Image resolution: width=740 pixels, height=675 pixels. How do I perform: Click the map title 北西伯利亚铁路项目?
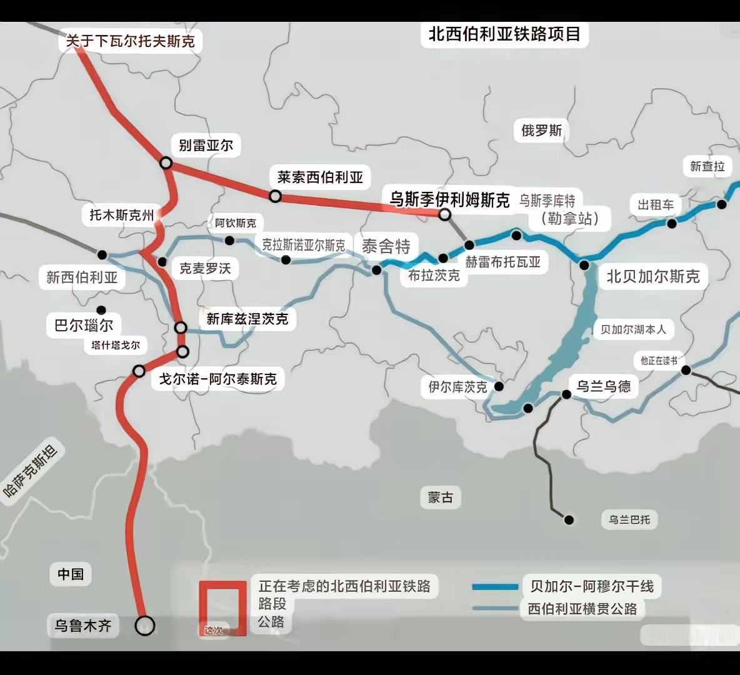coord(504,34)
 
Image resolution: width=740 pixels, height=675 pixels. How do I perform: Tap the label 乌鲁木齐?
coord(82,625)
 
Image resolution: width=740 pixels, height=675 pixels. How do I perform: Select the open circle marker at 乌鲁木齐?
coord(145,626)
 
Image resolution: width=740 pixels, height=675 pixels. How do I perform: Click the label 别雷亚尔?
coord(206,146)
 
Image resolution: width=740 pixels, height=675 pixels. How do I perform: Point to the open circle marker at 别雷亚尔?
coord(166,162)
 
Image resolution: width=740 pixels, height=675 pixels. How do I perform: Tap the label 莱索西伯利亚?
coord(320,177)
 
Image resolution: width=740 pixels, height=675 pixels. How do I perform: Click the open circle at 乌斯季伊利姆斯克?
coord(444,214)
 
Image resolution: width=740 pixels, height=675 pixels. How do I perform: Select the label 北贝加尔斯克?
coord(653,276)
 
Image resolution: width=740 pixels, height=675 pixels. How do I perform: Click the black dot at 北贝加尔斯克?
coord(584,265)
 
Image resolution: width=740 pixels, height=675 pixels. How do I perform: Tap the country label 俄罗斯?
coord(542,131)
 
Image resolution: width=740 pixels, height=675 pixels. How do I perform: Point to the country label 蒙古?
coord(441,497)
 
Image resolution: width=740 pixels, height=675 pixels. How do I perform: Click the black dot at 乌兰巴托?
coord(569,519)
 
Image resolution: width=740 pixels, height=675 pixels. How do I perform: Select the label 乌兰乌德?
coord(603,386)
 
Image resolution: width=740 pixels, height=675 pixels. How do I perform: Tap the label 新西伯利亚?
coord(82,277)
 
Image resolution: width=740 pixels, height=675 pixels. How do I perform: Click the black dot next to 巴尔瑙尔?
coord(101,310)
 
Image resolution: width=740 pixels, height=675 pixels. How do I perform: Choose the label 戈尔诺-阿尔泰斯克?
coord(217,379)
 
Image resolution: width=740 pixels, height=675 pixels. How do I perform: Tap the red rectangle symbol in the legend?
coord(222,608)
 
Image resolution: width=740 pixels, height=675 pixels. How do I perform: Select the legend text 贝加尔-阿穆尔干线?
coord(592,586)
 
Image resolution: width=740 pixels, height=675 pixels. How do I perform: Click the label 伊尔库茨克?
coord(457,387)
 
